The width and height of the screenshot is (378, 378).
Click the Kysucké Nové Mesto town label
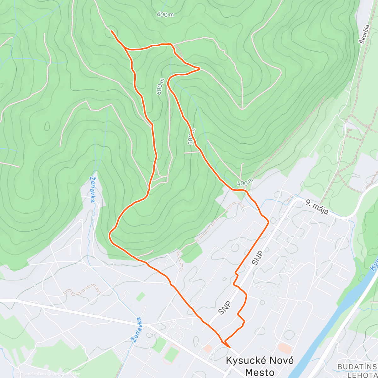click(x=260, y=366)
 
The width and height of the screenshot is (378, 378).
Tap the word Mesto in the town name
click(x=260, y=372)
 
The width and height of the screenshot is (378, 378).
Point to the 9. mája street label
click(x=317, y=207)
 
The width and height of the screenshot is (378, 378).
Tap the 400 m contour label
click(x=245, y=182)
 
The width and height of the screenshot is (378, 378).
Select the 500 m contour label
click(x=191, y=137)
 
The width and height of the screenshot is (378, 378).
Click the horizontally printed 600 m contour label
click(x=165, y=14)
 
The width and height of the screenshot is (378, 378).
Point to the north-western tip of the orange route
click(x=111, y=31)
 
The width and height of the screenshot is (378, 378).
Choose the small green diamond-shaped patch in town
click(x=141, y=297)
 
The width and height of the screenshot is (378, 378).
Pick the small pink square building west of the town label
click(x=207, y=348)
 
